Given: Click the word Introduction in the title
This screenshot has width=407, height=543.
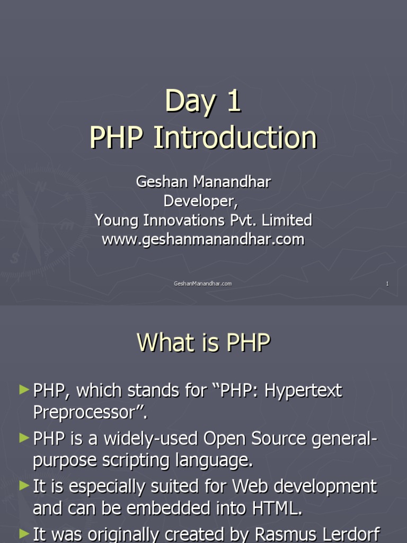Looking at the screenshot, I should [235, 137].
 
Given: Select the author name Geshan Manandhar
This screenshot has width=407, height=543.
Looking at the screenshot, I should [203, 182].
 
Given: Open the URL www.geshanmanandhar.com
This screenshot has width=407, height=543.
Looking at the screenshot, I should [203, 239].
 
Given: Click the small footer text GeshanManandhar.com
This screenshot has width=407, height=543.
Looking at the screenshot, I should [202, 284].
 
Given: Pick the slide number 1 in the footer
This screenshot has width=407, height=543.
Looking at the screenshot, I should [387, 284].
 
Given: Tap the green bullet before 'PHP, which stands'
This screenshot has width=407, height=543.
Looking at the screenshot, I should [24, 390].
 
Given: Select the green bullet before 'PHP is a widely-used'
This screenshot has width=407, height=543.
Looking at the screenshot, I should [24, 438].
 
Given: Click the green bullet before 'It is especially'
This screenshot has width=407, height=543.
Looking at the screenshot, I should [24, 486].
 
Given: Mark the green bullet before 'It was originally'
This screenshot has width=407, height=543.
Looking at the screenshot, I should [24, 533].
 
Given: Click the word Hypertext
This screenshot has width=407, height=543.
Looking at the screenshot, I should [303, 391].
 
